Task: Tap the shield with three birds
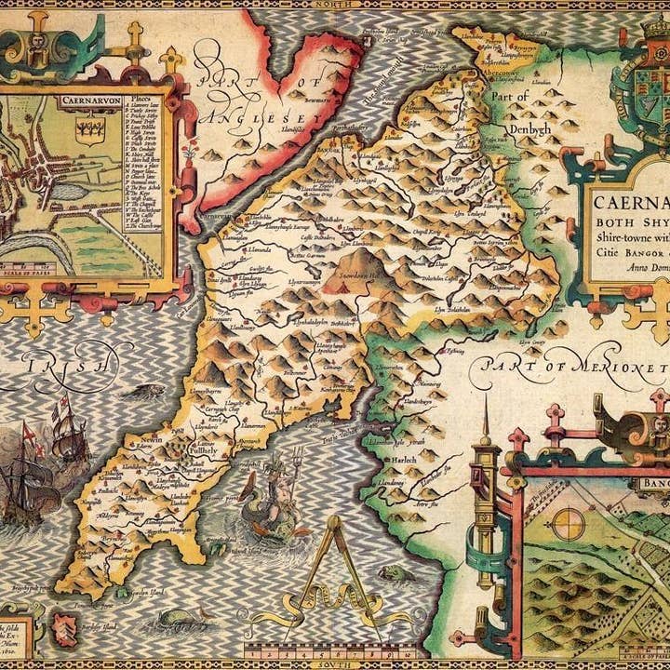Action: coord(90,128)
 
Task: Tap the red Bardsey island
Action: coord(63,625)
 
